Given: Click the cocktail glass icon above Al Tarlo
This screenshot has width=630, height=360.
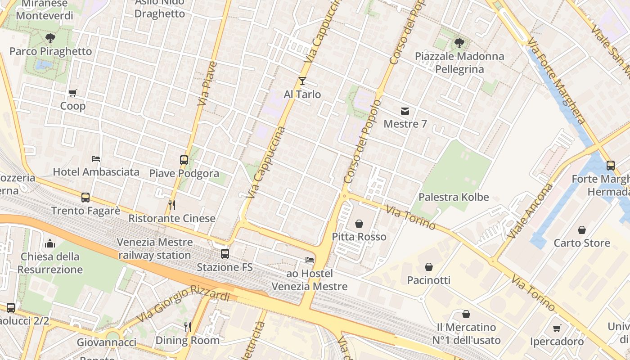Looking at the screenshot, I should [x=302, y=81].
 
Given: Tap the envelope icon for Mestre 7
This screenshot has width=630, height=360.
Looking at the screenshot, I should [x=405, y=111].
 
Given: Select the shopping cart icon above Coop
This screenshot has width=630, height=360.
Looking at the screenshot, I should [x=72, y=93].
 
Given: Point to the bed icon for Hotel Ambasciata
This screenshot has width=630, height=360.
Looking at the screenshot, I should [x=96, y=158].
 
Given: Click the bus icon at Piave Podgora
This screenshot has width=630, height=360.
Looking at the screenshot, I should [x=184, y=160].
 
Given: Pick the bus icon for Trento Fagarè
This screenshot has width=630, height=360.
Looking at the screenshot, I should [x=85, y=197].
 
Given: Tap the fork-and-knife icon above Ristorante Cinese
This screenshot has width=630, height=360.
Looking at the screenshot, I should [x=171, y=205].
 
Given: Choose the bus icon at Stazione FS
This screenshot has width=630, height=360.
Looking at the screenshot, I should [x=225, y=254].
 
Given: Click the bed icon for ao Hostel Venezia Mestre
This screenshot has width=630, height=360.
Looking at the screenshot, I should [x=310, y=260].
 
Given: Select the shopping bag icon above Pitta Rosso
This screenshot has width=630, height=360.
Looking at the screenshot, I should [x=359, y=223].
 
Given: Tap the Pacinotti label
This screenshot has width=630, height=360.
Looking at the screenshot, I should [x=428, y=280].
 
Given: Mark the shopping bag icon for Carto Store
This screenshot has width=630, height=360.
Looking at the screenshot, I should [x=582, y=230].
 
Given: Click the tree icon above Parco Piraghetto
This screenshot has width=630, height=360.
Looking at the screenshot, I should [x=50, y=38].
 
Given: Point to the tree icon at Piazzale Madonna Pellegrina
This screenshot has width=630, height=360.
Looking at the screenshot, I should [x=459, y=43].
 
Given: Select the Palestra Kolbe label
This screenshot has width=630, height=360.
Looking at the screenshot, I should [x=454, y=197].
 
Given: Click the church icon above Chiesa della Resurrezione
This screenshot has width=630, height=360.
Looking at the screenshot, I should [x=50, y=243].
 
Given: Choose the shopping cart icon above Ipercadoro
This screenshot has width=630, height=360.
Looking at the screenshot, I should [x=557, y=328].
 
